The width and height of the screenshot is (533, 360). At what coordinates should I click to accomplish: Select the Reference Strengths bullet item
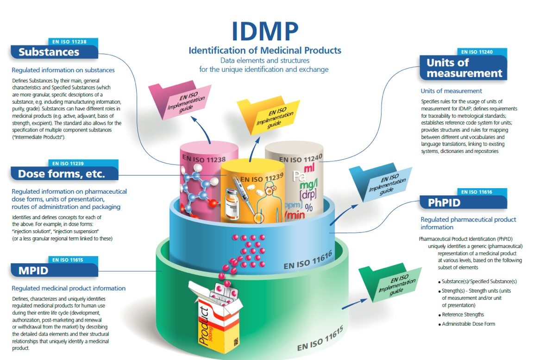[463, 315]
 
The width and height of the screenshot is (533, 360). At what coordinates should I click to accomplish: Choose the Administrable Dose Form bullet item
[468, 324]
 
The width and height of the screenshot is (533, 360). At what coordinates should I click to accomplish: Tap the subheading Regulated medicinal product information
[69, 288]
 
